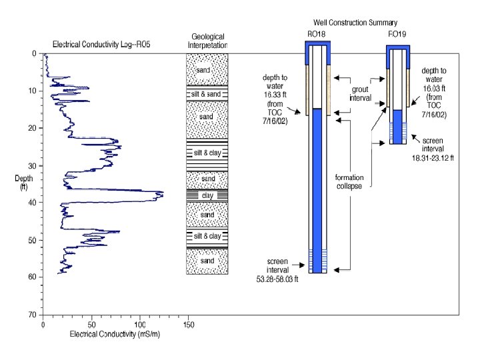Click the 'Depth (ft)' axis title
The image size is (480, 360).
23,183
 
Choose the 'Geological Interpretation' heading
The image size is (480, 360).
207,41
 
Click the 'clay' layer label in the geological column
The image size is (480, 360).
207,195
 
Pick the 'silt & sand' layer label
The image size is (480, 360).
207,94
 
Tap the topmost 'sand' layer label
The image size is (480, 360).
207,70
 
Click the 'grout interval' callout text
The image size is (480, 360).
360,93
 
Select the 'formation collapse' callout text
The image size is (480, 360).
349,181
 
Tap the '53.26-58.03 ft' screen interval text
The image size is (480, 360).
279,279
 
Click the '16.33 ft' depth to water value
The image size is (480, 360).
275,97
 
